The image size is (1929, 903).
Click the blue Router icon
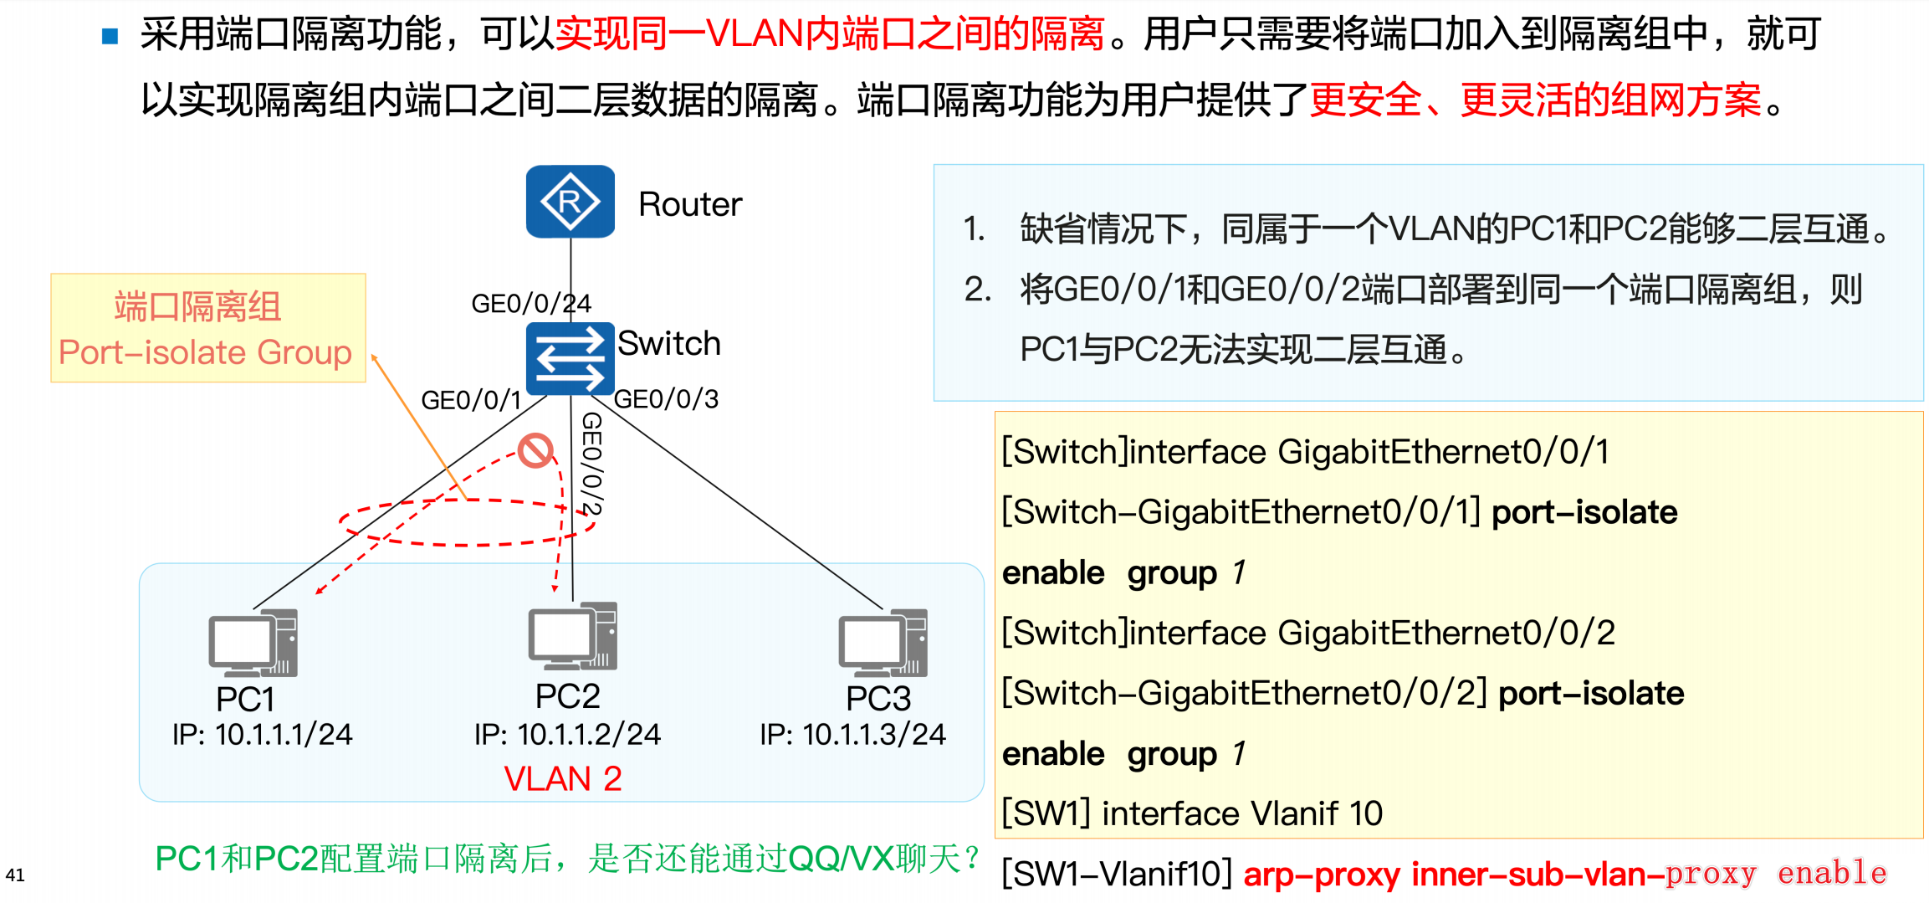570,202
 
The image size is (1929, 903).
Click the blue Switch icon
570,358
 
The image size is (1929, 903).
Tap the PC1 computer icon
253,643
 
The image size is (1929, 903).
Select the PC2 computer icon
572,636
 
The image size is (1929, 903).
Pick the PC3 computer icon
883,643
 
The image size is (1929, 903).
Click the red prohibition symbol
535,450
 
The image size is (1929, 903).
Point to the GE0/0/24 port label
530,303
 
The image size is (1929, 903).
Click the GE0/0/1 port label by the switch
470,400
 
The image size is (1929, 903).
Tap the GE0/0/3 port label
666,399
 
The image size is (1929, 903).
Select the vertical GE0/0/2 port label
591,463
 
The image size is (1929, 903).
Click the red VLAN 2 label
562,779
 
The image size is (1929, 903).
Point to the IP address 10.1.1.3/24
873,734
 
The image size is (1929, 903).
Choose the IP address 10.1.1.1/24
283,734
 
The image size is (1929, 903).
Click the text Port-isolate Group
205,352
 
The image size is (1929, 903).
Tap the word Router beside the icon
690,204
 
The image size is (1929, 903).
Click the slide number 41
15,875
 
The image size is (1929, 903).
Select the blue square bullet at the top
110,36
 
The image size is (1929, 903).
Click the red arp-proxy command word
1321,875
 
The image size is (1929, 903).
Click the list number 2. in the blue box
977,290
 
